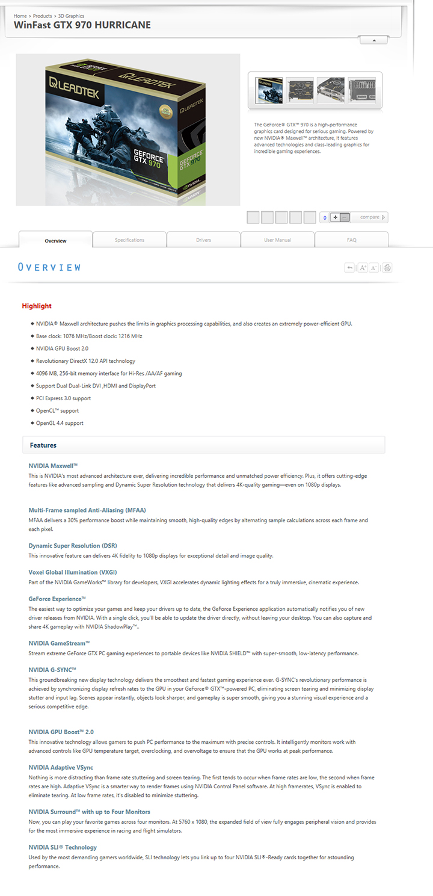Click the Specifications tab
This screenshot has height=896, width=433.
tap(129, 240)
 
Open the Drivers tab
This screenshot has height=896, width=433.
tap(203, 240)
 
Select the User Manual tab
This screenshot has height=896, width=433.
tap(277, 240)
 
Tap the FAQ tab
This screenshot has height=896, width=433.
tap(351, 240)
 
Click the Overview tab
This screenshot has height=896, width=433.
tap(55, 241)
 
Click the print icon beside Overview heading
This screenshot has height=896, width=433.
tap(387, 268)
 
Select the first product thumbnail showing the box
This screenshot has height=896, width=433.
tap(269, 90)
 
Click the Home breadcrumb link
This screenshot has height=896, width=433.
tap(20, 16)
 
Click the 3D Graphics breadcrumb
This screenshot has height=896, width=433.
tap(71, 16)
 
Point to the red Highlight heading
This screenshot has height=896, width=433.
tap(37, 306)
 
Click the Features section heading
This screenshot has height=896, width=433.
tap(43, 445)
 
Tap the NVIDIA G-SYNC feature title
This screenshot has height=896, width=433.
tap(52, 670)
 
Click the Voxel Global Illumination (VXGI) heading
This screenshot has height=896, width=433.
tap(73, 572)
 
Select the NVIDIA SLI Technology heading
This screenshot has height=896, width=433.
tap(63, 847)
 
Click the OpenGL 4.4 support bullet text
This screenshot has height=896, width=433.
tap(60, 423)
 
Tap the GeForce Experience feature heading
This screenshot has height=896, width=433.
tap(57, 599)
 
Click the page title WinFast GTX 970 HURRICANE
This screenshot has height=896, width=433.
tap(82, 25)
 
